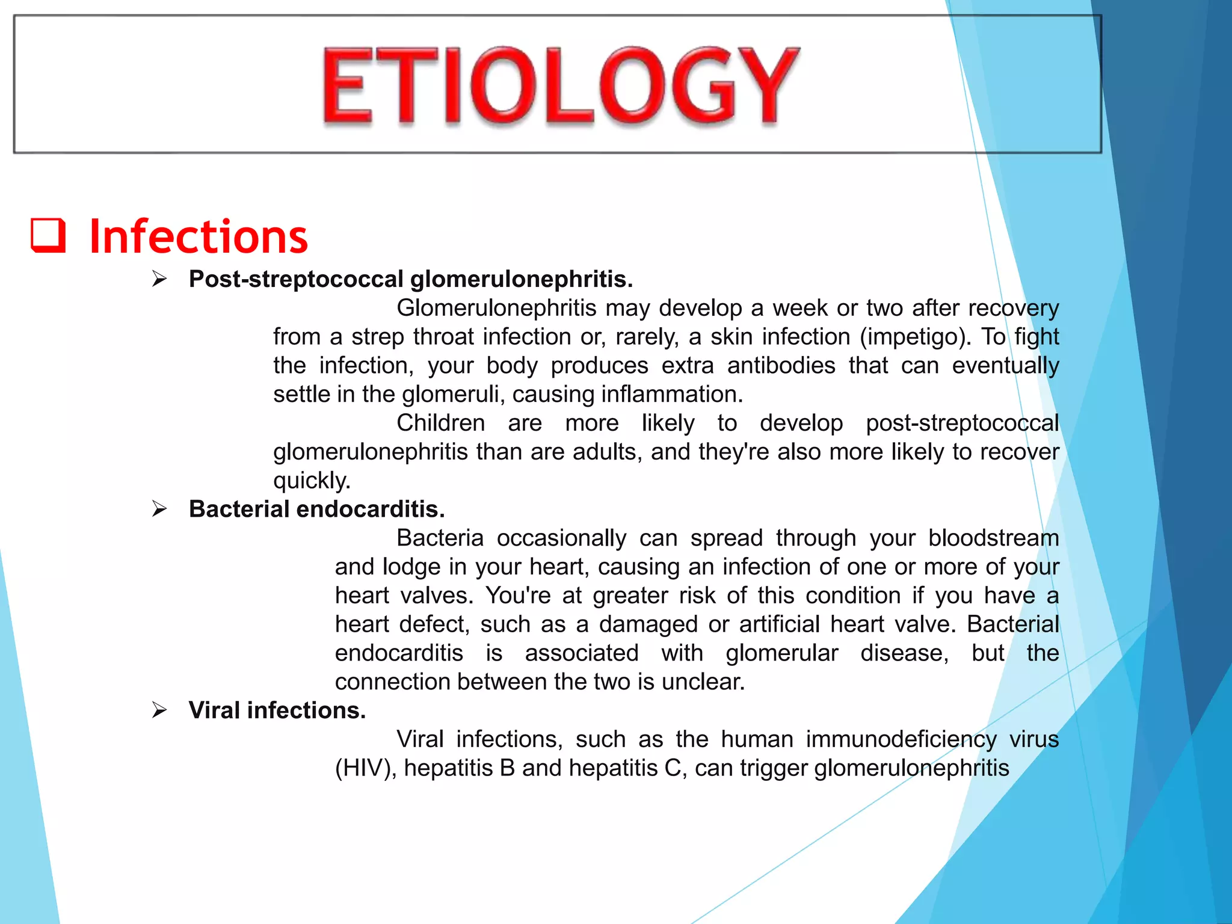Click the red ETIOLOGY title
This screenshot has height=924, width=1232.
tap(561, 86)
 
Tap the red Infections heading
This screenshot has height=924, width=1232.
tap(199, 236)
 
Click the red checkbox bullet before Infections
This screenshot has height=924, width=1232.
tap(48, 235)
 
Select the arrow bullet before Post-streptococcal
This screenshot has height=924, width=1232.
tap(159, 279)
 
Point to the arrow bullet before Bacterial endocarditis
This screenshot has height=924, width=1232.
tap(159, 509)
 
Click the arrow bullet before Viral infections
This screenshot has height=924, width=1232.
tap(159, 710)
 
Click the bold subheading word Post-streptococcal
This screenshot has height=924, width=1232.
tap(296, 279)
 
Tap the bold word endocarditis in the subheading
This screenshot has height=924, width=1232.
tap(371, 509)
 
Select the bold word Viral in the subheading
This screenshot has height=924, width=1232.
tap(214, 710)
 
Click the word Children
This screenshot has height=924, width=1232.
tap(440, 423)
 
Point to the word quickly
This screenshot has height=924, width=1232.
tap(312, 481)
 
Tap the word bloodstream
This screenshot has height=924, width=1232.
tap(993, 538)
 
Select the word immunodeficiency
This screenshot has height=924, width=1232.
tap(901, 739)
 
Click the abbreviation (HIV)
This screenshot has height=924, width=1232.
tap(366, 768)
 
